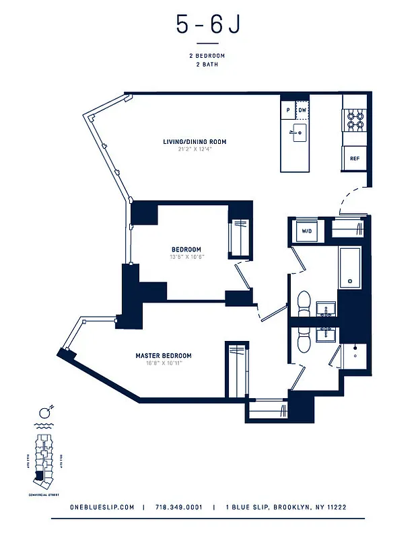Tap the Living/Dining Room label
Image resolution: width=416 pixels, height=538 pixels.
(195, 142)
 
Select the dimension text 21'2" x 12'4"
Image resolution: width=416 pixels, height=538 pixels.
(195, 149)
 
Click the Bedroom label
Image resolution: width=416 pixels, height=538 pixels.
(186, 249)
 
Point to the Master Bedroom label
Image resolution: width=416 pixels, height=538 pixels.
(164, 356)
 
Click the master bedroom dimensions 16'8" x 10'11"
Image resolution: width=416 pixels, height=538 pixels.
(164, 363)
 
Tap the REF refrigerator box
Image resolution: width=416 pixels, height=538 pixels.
(354, 159)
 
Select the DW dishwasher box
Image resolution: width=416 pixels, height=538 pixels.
(303, 110)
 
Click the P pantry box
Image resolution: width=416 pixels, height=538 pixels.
(288, 110)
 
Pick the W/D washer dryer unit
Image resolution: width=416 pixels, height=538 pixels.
(307, 231)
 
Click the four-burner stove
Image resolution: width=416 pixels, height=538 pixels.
(355, 120)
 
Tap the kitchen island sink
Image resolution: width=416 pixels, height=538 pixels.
(299, 130)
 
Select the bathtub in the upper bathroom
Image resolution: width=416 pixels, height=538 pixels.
(349, 267)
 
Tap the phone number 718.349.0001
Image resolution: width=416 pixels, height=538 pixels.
(178, 508)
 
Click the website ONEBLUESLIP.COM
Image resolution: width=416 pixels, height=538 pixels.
(102, 508)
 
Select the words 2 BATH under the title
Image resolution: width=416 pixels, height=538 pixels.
(207, 65)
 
